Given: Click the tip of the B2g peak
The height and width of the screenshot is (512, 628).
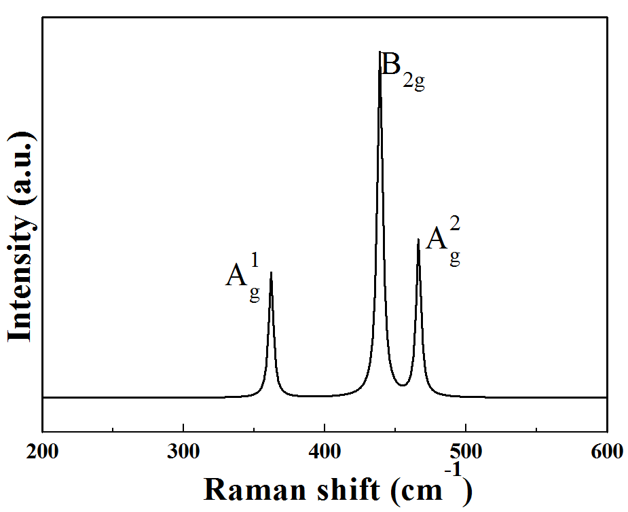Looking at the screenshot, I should coord(380,52).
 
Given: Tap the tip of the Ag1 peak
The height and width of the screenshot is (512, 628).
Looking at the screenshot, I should coord(271,273).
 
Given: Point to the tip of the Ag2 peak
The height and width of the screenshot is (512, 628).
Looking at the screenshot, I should coord(418,240).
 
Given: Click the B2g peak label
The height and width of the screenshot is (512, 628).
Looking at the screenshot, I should coord(403,70).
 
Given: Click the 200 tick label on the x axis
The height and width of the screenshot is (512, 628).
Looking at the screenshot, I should coord(42,451).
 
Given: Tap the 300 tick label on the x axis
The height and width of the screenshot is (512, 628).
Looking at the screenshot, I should coord(183,451).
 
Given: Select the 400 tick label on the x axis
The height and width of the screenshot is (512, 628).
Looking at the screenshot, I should coord(325,451).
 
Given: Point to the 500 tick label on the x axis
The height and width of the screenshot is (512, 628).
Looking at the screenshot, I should coord(466,451).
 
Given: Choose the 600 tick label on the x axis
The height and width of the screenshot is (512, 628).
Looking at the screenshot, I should coord(606,451).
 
